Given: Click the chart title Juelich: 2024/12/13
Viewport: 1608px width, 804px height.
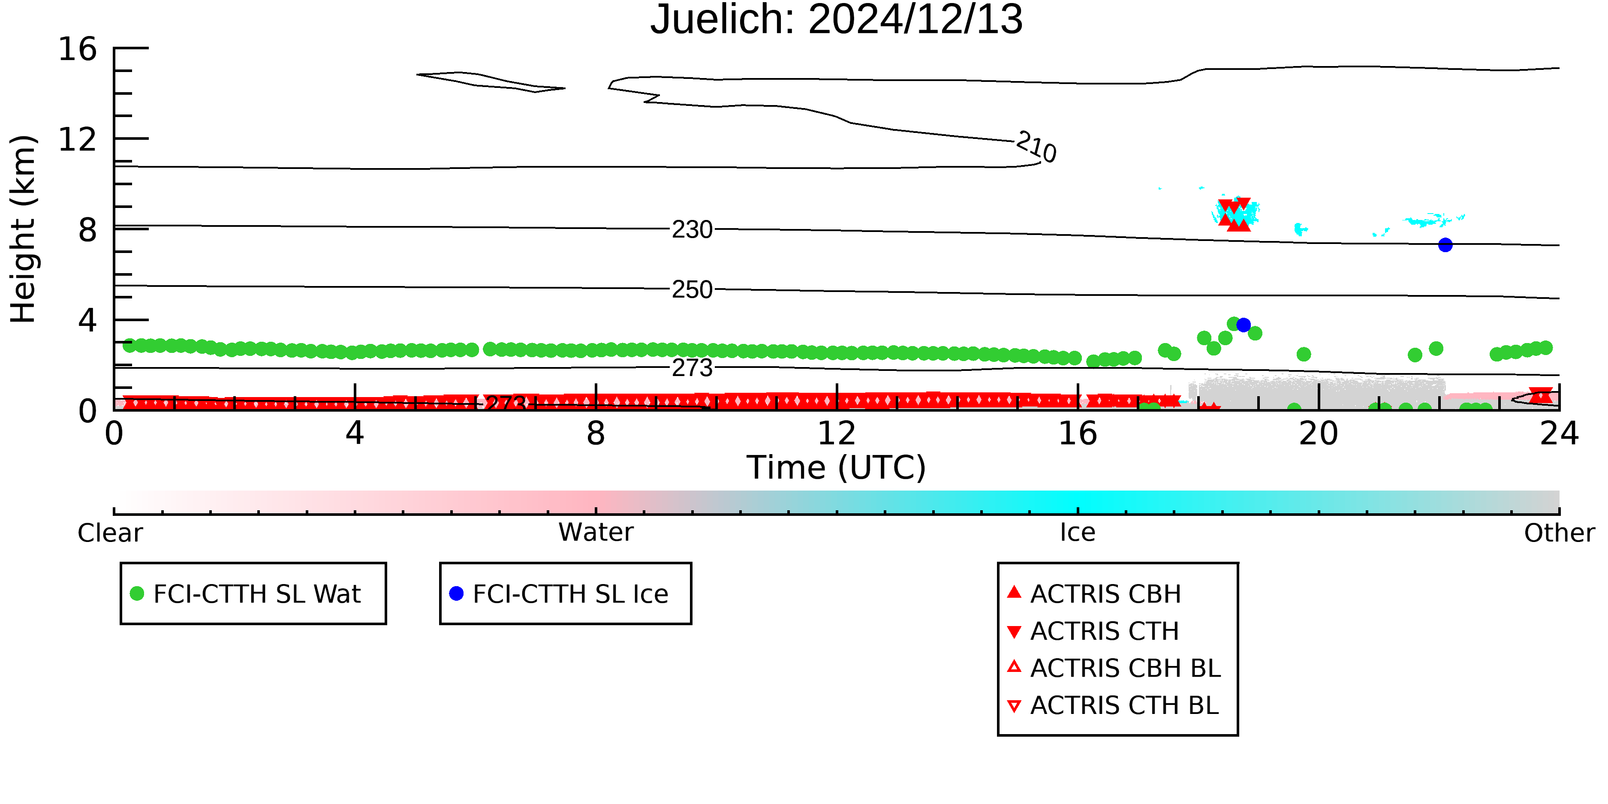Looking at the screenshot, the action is tap(837, 20).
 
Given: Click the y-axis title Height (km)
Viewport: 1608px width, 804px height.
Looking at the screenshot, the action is tap(24, 229).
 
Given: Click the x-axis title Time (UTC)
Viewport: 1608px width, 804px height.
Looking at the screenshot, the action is tap(837, 467).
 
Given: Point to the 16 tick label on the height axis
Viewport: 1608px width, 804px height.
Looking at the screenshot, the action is tap(78, 49).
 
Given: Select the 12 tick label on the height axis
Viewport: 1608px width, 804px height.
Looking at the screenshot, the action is tap(78, 139).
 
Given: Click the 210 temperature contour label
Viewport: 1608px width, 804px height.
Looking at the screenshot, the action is tap(1036, 148).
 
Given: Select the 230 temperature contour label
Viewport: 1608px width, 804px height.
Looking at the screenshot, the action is tap(692, 230).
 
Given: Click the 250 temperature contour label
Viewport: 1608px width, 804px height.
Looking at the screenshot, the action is tap(692, 289).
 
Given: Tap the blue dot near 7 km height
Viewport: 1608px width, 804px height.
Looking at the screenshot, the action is tap(1445, 245).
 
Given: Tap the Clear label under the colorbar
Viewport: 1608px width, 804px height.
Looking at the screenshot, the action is tap(110, 533).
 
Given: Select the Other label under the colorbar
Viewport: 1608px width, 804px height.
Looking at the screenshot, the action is tap(1559, 533).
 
